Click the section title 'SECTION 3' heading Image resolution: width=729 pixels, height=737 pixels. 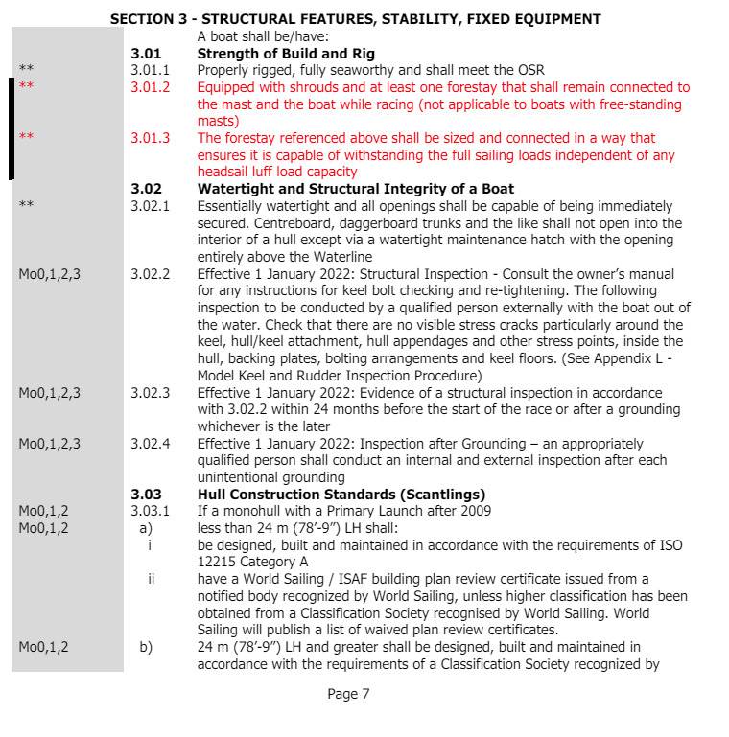(356, 18)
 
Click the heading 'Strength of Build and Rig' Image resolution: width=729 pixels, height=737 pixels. (286, 53)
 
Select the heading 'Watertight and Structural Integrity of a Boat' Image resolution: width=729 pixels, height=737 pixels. (355, 189)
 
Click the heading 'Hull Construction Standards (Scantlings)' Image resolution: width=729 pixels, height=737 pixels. (341, 495)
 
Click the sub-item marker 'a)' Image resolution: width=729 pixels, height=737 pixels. (146, 528)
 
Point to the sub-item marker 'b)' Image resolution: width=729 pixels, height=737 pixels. (146, 647)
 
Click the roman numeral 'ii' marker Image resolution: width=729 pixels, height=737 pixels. (151, 579)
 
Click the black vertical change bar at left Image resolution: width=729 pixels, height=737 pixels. (12, 129)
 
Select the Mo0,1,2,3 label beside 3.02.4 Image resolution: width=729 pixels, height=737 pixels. (50, 444)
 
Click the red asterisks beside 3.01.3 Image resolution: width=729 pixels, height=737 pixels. (26, 138)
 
